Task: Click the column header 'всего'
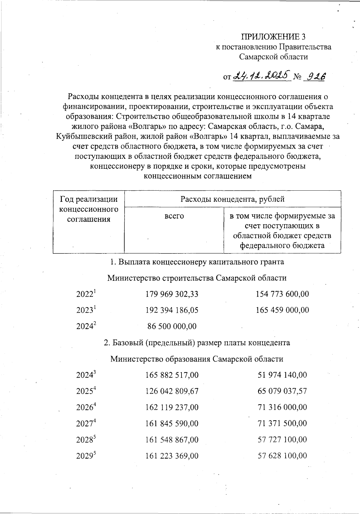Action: coord(174,216)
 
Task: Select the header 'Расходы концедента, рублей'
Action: coord(232,199)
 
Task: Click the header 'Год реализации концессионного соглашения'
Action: coord(89,209)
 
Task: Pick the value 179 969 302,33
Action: coord(172,294)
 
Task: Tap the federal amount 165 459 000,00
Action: coord(282,310)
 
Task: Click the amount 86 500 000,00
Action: coord(172,326)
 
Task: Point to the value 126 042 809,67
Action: coord(172,391)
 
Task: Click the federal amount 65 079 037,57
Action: coord(282,391)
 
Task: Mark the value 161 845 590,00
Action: coord(172,424)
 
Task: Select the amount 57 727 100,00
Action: coord(282,440)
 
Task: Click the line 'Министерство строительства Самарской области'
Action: coord(197,278)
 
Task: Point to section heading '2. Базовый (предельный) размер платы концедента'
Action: coord(197,343)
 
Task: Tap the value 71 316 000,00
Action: coord(282,407)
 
